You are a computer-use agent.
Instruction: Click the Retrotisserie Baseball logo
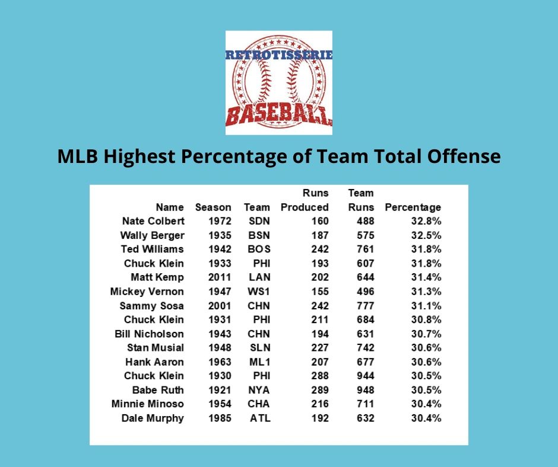click(278, 82)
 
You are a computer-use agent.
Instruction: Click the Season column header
click(213, 207)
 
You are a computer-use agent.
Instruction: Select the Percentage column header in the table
click(413, 207)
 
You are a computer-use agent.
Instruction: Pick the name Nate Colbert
click(153, 221)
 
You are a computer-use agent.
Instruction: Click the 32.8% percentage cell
click(426, 221)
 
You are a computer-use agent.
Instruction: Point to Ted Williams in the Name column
click(152, 249)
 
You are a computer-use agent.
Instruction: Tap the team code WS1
click(258, 292)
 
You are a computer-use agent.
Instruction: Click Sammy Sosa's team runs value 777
click(363, 306)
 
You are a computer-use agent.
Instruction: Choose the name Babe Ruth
click(158, 390)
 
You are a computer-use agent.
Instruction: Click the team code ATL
click(259, 418)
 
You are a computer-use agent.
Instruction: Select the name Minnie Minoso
click(148, 404)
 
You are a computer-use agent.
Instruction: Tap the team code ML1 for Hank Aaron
click(258, 362)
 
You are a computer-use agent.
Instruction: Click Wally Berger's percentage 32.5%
click(426, 235)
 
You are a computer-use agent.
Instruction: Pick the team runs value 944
click(363, 376)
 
